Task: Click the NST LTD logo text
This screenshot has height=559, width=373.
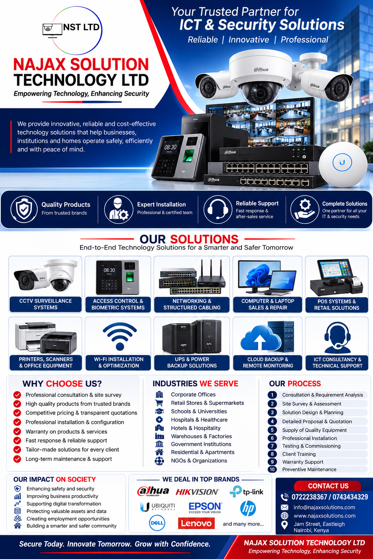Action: pos(82,27)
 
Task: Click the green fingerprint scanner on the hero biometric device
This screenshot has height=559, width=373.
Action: pos(189,156)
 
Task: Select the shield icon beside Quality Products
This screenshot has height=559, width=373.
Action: pos(24,209)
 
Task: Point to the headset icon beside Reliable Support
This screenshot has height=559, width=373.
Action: pos(218,209)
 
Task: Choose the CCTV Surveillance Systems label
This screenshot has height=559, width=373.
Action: pos(46,304)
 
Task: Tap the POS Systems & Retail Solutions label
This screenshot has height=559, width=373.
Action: pos(337,305)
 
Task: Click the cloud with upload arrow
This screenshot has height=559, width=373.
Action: pos(260,338)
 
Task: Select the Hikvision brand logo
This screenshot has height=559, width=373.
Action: pos(197,492)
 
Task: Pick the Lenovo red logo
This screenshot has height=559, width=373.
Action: pos(196,523)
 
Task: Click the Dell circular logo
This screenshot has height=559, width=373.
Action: pos(157,523)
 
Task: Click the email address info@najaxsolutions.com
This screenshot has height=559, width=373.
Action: pos(324,507)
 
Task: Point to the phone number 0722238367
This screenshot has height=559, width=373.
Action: pos(309,497)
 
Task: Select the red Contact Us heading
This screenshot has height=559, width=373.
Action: pos(328,486)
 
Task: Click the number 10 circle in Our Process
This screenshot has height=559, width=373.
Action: pos(272,469)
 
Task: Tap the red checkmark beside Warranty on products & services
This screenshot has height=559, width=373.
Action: pos(17,431)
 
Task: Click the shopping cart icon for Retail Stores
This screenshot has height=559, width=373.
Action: pos(159,403)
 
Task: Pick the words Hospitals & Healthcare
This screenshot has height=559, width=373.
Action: pos(199,420)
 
